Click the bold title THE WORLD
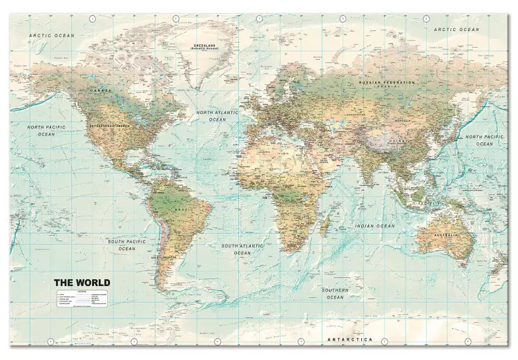[x=81, y=283]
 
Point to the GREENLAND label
[x=186, y=46]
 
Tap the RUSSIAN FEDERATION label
[x=386, y=82]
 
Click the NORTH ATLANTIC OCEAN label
[x=217, y=115]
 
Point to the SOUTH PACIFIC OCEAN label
[x=126, y=244]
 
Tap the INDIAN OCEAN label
[x=375, y=226]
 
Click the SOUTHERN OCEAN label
[x=335, y=293]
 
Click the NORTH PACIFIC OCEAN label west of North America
[x=46, y=131]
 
